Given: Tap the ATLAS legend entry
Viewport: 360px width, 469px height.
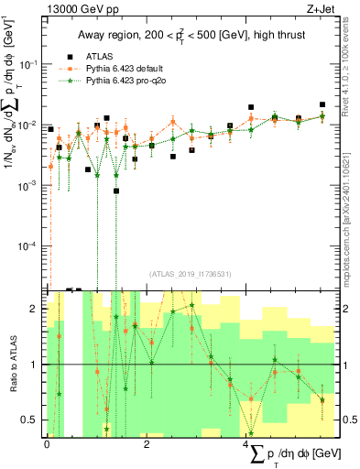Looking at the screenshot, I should coord(97,54).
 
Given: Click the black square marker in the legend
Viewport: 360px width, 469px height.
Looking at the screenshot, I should coord(69,54).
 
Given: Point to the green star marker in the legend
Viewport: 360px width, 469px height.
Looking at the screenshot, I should coord(69,82).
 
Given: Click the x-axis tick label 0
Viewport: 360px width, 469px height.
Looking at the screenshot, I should coord(47,444).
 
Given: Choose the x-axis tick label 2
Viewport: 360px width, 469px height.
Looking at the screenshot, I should coord(147,444).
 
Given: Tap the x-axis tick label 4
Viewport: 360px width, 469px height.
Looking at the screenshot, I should coord(246,444).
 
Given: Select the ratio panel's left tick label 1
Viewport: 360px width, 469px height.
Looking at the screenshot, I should coord(35,365).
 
